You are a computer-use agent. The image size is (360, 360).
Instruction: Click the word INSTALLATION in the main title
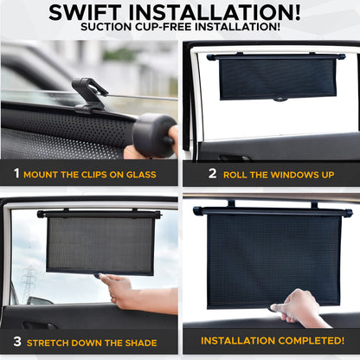(x=223, y=12)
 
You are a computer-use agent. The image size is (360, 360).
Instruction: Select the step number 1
(x=16, y=174)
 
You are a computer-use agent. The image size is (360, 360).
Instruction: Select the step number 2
(x=212, y=174)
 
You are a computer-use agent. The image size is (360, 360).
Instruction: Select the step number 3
(x=16, y=343)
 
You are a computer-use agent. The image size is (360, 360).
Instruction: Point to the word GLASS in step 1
(x=140, y=175)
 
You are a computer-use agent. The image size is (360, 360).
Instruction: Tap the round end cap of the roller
(x=154, y=133)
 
